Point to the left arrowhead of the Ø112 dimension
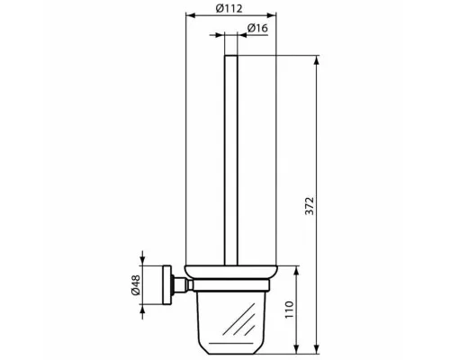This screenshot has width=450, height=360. pyautogui.click(x=189, y=15)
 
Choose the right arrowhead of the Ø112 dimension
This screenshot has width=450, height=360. pyautogui.click(x=273, y=15)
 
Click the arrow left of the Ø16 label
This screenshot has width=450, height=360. pyautogui.click(x=220, y=35)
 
